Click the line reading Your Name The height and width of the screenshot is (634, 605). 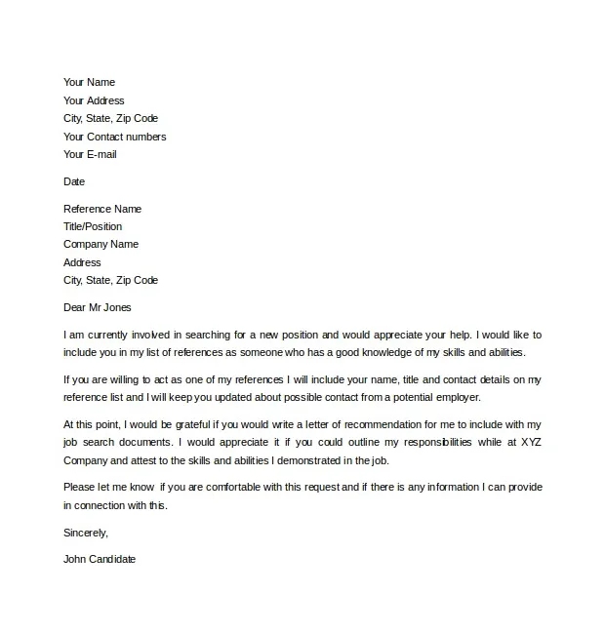[x=89, y=83]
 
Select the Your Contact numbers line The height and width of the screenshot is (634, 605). [x=114, y=137]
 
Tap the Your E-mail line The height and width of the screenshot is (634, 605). [x=90, y=154]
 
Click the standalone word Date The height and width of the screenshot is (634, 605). [x=74, y=181]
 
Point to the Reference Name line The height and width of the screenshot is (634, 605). [x=102, y=209]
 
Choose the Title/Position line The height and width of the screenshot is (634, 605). [x=93, y=226]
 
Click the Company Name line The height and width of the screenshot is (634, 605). [x=101, y=244]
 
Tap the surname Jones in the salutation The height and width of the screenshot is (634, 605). [x=116, y=307]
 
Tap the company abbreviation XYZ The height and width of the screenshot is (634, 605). [x=524, y=442]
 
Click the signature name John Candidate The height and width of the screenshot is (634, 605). [x=100, y=560]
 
